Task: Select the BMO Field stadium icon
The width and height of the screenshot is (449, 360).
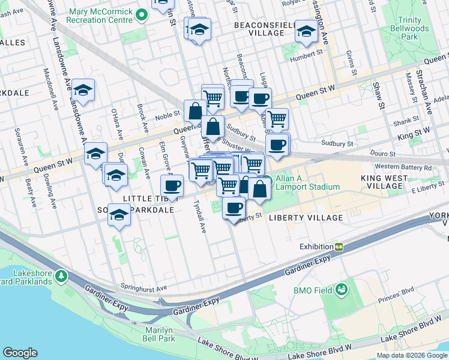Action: (x=342, y=290)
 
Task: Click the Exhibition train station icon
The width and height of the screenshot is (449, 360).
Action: (x=339, y=247)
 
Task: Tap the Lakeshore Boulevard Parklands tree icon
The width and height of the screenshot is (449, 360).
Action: (x=61, y=276)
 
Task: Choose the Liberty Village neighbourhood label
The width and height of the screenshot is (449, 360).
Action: (x=306, y=217)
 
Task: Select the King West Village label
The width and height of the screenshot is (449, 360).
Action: (x=382, y=182)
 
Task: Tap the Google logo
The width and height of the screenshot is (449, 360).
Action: (x=20, y=353)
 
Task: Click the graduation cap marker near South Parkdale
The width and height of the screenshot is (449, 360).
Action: (x=120, y=215)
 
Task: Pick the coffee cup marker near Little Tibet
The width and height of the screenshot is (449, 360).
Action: (x=172, y=186)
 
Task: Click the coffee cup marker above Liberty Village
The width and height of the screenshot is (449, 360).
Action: (x=234, y=208)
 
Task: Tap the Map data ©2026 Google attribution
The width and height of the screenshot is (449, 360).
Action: (x=412, y=355)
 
